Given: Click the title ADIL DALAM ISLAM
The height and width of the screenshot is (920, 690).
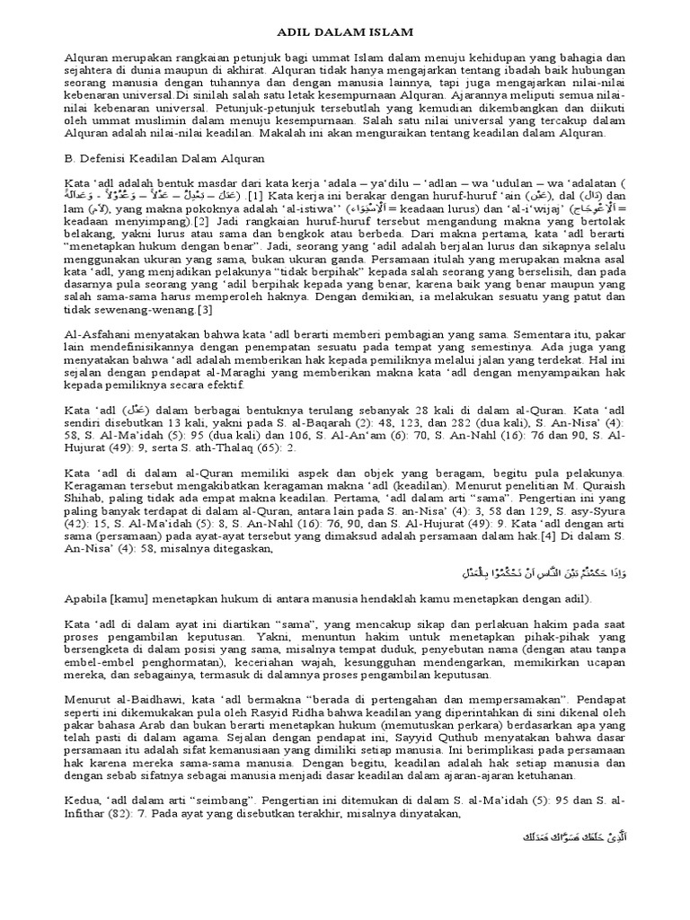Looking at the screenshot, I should point(344,32).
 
